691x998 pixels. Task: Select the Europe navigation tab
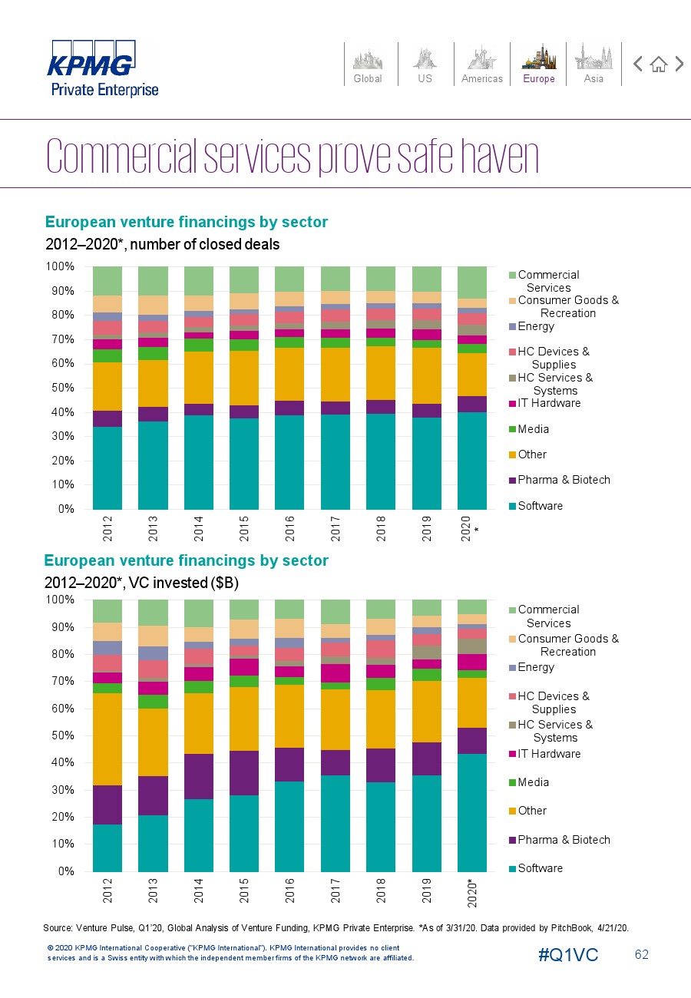pos(539,64)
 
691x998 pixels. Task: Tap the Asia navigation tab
pos(593,64)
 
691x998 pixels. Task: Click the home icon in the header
pos(659,64)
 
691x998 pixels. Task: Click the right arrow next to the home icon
pos(679,64)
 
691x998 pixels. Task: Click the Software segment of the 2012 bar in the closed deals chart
pos(107,468)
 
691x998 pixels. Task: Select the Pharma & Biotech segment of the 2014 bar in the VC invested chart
pos(199,776)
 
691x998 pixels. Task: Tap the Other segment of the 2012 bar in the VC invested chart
pos(107,739)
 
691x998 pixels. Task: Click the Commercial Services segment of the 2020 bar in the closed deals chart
pos(472,283)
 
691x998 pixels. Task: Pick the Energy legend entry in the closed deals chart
pos(532,326)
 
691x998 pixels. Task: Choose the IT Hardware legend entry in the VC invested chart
pos(545,754)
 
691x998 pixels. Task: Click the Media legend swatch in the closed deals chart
pos(512,429)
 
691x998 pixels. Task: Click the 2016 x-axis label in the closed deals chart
pos(289,529)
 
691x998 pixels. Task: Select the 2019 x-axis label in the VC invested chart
pos(426,891)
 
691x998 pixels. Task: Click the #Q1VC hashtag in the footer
pos(568,955)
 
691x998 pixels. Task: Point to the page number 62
pos(642,954)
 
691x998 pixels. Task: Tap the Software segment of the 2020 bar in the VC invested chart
pos(472,813)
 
